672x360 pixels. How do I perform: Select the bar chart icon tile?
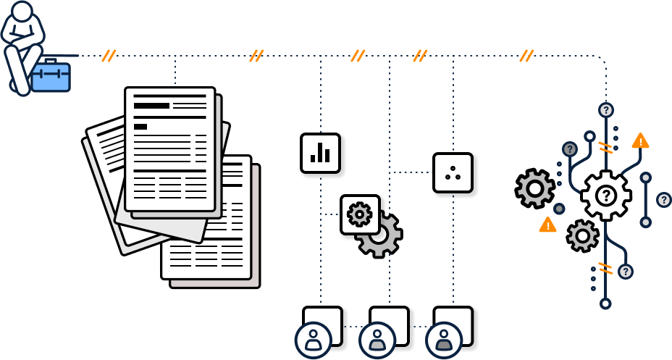click(320, 153)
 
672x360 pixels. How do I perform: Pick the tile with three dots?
click(453, 172)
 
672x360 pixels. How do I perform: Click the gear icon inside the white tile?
click(359, 214)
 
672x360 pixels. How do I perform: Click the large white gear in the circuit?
click(605, 196)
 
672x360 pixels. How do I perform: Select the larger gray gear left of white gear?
click(535, 188)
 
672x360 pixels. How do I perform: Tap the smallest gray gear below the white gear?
click(582, 236)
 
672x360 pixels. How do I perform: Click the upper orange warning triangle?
click(640, 141)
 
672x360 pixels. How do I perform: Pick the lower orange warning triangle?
click(547, 225)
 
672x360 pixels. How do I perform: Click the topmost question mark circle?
click(606, 110)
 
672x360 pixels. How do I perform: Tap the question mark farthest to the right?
click(663, 199)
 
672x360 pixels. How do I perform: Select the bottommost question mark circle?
click(626, 272)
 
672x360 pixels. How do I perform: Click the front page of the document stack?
click(170, 148)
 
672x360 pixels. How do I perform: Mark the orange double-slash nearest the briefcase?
click(109, 56)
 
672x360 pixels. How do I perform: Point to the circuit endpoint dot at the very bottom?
click(605, 304)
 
